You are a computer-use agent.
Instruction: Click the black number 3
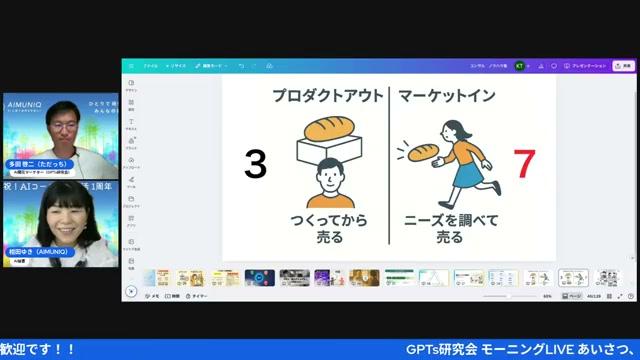tap(256, 164)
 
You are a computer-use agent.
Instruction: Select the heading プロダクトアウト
tap(328, 97)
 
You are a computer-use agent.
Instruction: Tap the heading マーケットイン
tap(448, 97)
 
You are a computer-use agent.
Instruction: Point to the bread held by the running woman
tap(421, 153)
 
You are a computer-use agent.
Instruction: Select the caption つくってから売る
tap(328, 228)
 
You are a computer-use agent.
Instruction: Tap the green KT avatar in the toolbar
tap(519, 65)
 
